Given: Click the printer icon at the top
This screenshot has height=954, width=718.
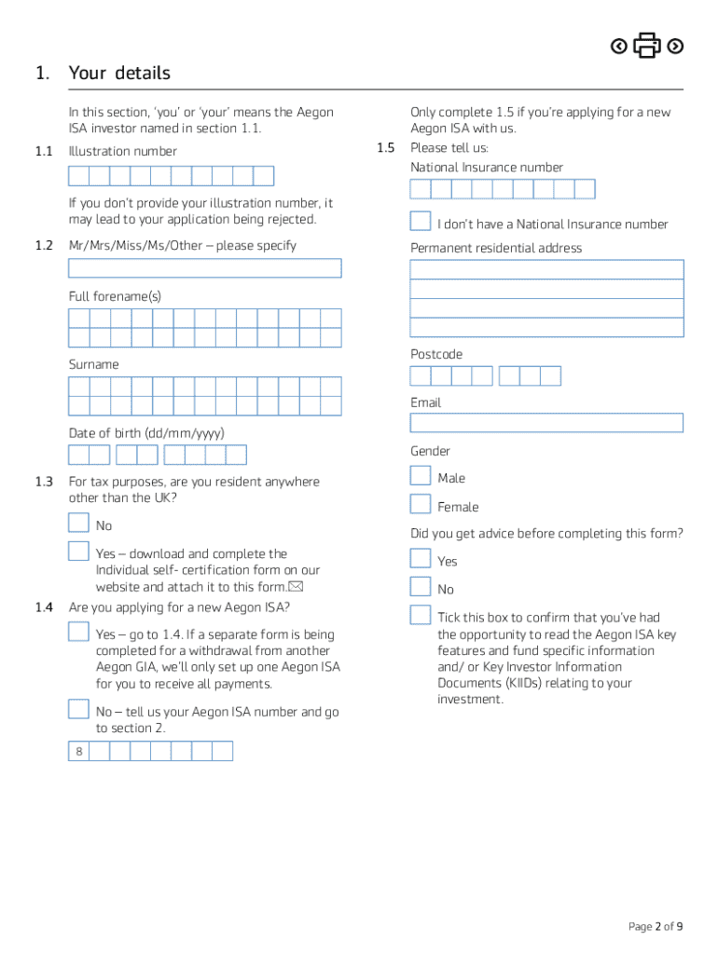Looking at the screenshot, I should [x=647, y=46].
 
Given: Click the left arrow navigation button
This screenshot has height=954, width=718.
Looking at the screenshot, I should [x=618, y=46].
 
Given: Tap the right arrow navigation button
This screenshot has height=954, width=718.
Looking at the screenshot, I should [x=676, y=46].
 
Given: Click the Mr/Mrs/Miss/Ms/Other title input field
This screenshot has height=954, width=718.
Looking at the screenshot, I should [x=205, y=268].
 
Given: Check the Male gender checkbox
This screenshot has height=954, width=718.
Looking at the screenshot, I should [x=421, y=475].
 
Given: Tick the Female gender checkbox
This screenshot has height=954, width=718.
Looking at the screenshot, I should [x=421, y=504].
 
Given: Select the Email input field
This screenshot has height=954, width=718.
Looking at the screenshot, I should [x=546, y=423].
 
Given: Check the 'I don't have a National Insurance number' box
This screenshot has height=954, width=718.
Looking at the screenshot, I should [x=421, y=221].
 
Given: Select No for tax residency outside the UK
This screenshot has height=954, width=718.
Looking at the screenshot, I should [x=78, y=523].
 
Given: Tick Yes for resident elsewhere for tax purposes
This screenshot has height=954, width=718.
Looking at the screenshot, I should [x=78, y=551].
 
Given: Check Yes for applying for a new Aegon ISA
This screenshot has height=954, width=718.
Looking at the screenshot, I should [x=78, y=632].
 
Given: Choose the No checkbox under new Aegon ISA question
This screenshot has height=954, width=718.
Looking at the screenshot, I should [x=78, y=709].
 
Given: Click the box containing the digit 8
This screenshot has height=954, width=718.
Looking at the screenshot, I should [x=79, y=752].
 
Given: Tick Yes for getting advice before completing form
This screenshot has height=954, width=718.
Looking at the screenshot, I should [x=421, y=558].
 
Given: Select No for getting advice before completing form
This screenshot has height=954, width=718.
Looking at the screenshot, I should [x=421, y=586].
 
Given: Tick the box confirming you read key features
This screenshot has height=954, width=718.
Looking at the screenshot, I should [x=421, y=615].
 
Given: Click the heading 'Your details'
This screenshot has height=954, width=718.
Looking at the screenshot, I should [x=119, y=73].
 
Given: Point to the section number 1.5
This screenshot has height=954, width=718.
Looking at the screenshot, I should [x=386, y=147].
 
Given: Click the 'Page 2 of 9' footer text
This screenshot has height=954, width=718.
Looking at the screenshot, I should [x=656, y=926].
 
